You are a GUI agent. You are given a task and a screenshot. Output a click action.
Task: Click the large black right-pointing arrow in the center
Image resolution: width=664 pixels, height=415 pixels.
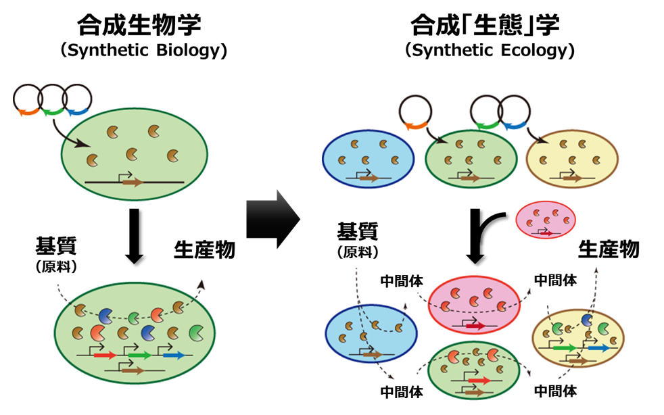(x=272, y=218)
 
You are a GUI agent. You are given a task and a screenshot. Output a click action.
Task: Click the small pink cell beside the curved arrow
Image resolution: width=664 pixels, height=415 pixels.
(x=546, y=220)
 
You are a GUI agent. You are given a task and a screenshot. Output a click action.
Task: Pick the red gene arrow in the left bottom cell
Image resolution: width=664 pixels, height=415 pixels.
(x=105, y=354)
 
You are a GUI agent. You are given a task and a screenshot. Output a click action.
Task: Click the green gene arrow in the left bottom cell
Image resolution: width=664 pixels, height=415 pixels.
(x=139, y=354)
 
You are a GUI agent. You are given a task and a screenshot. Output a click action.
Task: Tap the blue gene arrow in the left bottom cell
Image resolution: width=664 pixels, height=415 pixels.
(x=174, y=354)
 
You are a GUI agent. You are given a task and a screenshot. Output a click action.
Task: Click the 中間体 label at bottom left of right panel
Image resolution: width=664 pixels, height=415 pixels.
(x=402, y=391)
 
